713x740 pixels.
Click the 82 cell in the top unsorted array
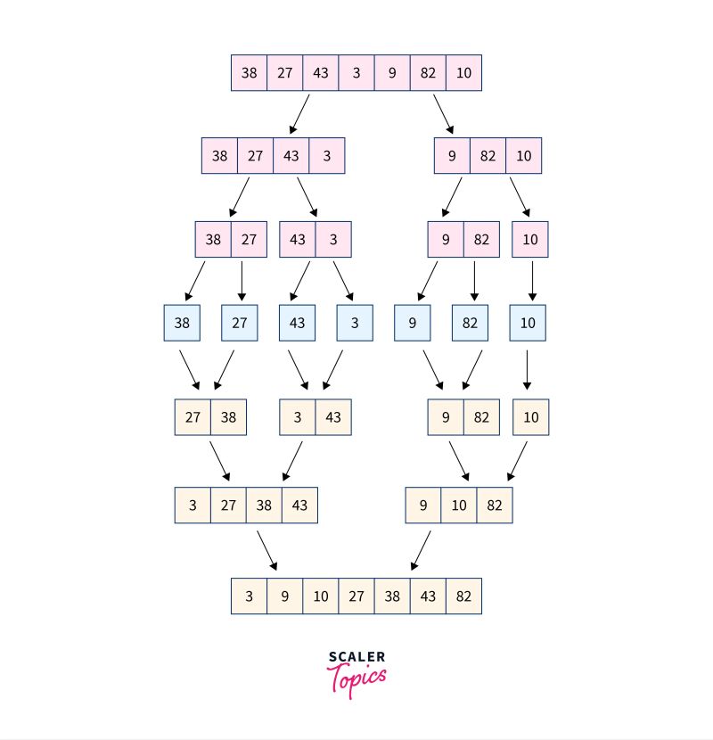428,73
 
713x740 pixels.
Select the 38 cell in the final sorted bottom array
392,596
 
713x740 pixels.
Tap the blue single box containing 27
240,323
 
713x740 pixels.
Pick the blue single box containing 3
355,323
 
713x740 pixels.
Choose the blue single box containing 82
470,323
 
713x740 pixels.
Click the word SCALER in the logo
356,658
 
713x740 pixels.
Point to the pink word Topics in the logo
358,678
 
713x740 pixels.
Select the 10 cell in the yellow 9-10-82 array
459,506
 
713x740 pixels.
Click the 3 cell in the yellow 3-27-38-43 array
193,506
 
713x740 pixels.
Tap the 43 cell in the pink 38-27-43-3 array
291,156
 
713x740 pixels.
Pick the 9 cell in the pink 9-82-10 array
453,156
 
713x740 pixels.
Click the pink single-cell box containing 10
531,239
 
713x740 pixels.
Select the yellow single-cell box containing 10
531,417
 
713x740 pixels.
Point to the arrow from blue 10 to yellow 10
528,369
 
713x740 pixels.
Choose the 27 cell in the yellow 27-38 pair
193,417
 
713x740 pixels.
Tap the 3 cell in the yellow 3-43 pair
298,417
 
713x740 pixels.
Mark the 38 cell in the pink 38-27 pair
213,239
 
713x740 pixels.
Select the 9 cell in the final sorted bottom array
285,596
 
